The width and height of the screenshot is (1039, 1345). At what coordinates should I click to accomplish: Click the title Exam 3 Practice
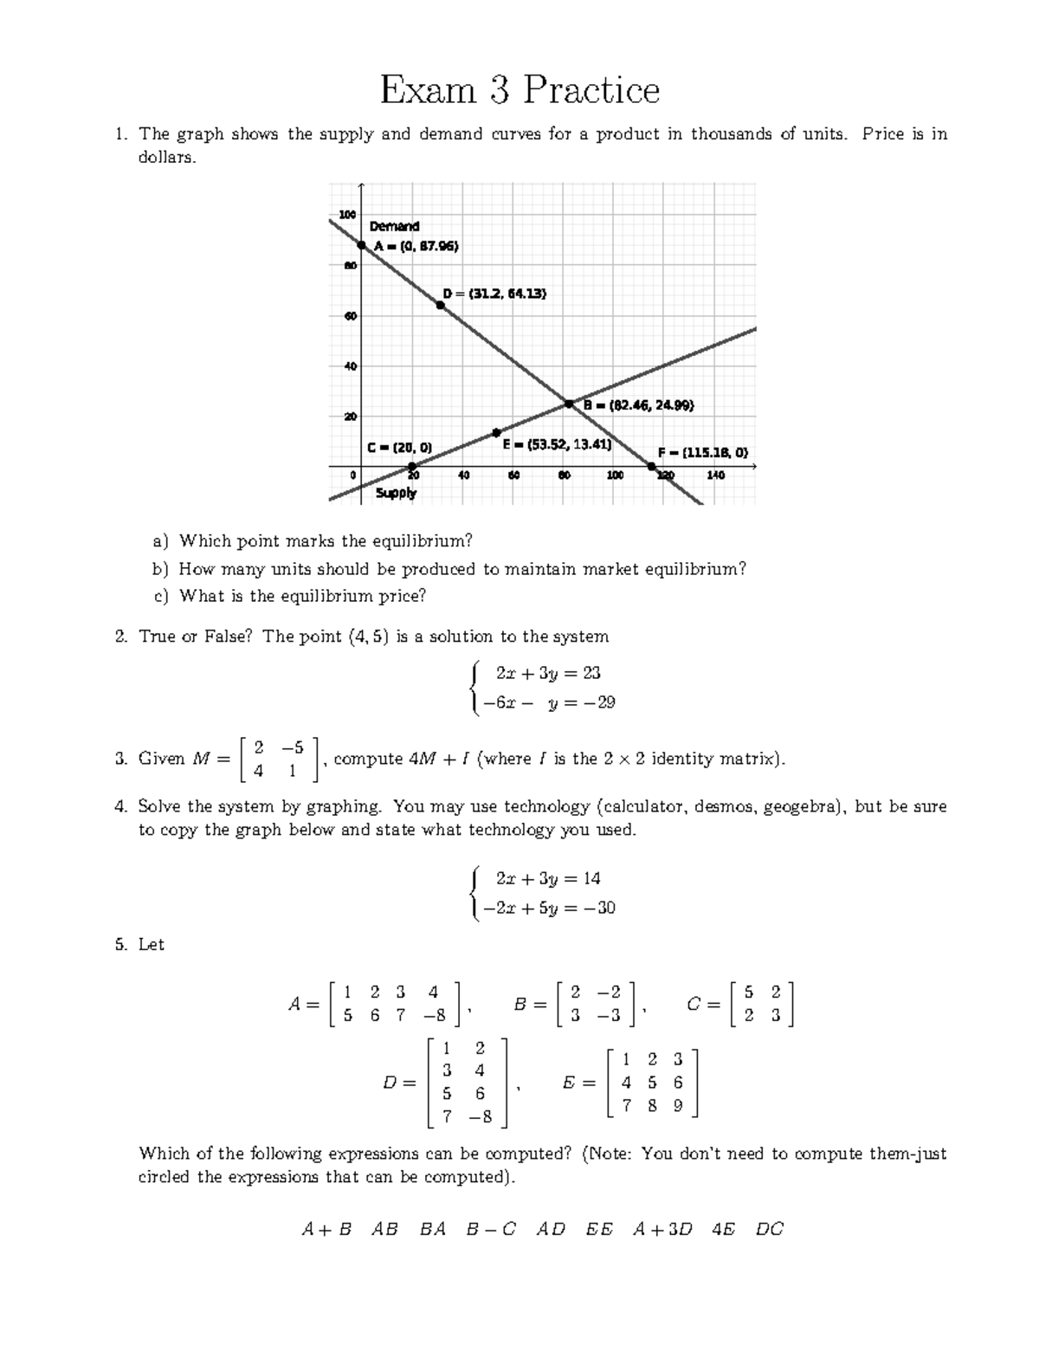coord(519,90)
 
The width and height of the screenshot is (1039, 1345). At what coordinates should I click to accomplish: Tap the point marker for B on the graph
coord(569,404)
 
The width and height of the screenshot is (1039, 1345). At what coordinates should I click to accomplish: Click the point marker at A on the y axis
coord(361,245)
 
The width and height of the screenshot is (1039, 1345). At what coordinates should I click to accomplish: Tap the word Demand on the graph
coord(394,226)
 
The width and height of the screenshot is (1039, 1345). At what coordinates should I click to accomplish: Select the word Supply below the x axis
coord(396,493)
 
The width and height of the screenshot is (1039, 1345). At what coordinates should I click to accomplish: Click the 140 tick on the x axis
coord(715,475)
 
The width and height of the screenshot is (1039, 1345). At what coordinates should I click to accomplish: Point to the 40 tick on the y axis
coord(350,366)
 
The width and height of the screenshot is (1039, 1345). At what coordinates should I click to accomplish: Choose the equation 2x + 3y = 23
coord(548,673)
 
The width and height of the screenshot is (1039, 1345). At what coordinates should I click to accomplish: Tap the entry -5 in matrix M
coord(293,747)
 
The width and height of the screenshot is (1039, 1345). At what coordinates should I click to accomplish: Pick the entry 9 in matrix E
coord(678,1105)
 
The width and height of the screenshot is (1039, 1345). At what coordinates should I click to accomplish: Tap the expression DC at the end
coord(769,1229)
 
